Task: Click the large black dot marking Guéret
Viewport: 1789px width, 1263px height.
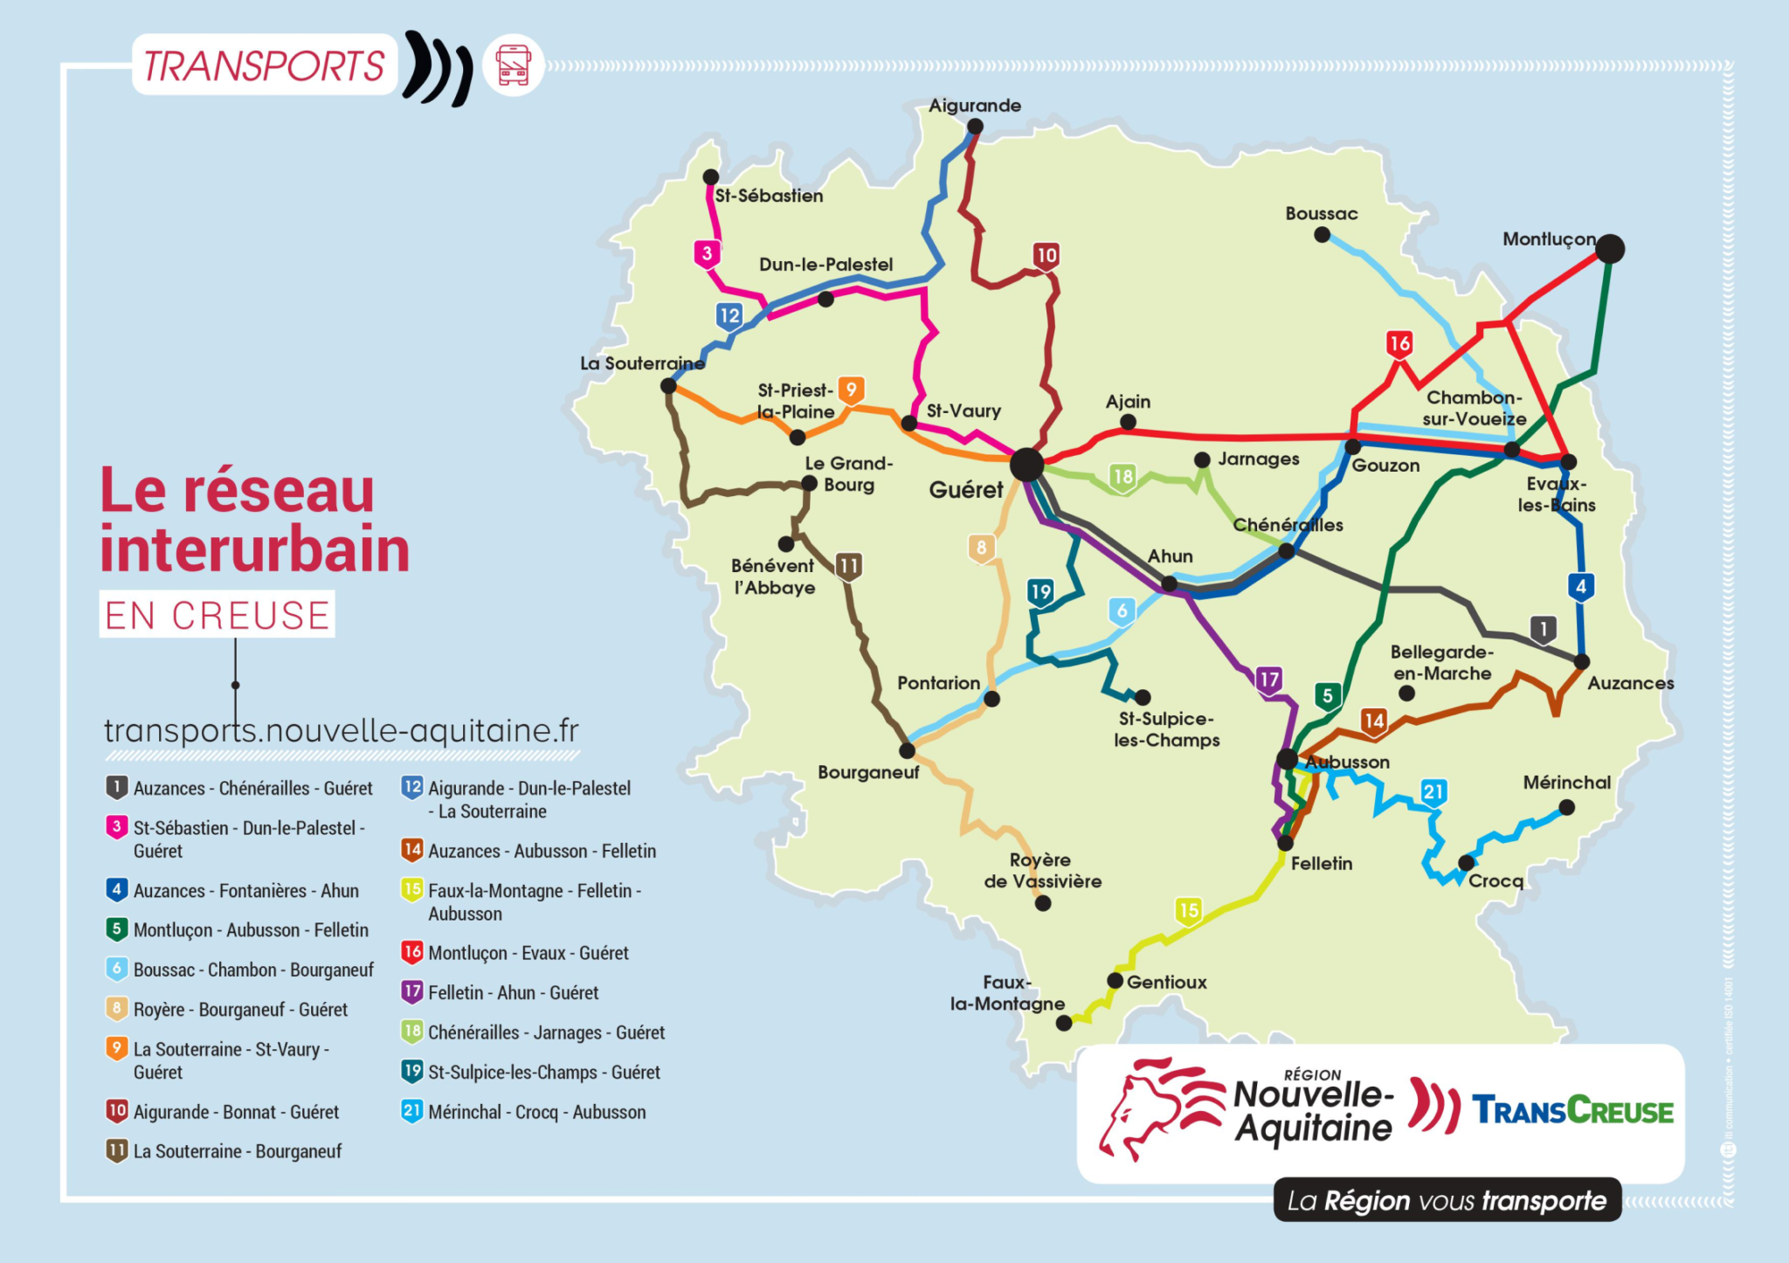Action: [1026, 465]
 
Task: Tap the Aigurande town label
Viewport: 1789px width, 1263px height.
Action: [974, 106]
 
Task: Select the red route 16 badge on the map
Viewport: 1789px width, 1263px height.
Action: [1399, 343]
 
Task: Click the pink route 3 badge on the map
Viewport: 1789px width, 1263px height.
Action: [707, 254]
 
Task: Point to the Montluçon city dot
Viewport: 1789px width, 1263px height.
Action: [1609, 249]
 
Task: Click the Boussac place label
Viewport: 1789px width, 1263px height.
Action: [1321, 214]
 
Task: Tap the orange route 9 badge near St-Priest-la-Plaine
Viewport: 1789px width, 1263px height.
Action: [851, 390]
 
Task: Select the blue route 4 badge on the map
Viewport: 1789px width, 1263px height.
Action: [1580, 587]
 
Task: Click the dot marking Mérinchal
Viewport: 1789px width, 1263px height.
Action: [1566, 808]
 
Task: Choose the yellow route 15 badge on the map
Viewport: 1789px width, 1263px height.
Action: [1188, 911]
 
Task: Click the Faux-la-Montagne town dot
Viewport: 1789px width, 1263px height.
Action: [1063, 1023]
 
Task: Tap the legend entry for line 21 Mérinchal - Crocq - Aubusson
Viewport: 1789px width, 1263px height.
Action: [524, 1112]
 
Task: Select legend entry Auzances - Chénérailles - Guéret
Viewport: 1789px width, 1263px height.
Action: [240, 788]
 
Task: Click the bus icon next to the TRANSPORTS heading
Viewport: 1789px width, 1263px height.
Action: [513, 66]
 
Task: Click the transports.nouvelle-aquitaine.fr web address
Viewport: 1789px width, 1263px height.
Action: [342, 730]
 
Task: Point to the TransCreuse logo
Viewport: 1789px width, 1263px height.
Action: [1571, 1111]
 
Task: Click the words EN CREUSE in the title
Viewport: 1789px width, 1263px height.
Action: [218, 615]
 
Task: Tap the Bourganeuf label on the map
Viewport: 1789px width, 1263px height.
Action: [867, 772]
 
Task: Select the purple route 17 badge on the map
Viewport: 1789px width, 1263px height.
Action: [1268, 680]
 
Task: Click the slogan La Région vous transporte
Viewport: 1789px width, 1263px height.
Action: [1446, 1200]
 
